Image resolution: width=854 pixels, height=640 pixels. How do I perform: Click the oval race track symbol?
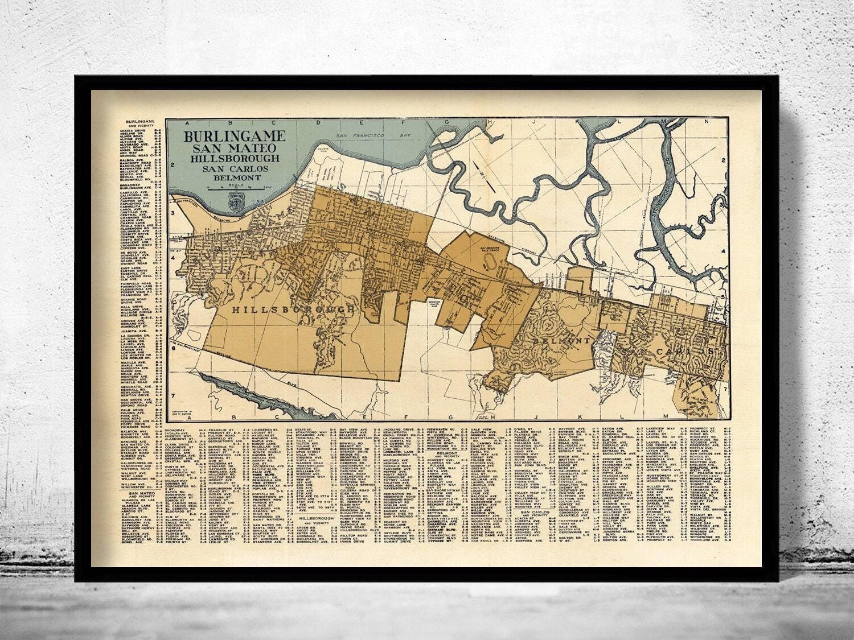tap(488, 263)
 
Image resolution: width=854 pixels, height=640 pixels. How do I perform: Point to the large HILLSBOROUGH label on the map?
tap(293, 309)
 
